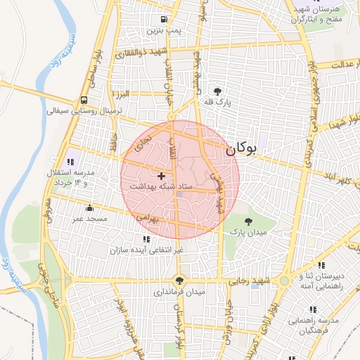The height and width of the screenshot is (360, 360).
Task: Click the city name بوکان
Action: (240, 149)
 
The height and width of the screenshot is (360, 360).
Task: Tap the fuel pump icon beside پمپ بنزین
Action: (164, 20)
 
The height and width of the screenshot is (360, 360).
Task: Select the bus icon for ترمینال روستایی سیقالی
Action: (85, 100)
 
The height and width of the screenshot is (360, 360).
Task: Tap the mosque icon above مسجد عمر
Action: (89, 208)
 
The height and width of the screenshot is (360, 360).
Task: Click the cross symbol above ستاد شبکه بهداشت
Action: (162, 175)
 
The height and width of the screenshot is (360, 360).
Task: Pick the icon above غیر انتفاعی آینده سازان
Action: (146, 240)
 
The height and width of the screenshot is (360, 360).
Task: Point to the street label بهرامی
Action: (149, 218)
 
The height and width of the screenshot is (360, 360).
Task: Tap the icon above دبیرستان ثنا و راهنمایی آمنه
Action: (321, 266)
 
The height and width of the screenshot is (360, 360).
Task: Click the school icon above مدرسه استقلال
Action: (70, 162)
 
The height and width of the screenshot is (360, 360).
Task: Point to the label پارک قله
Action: (218, 103)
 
